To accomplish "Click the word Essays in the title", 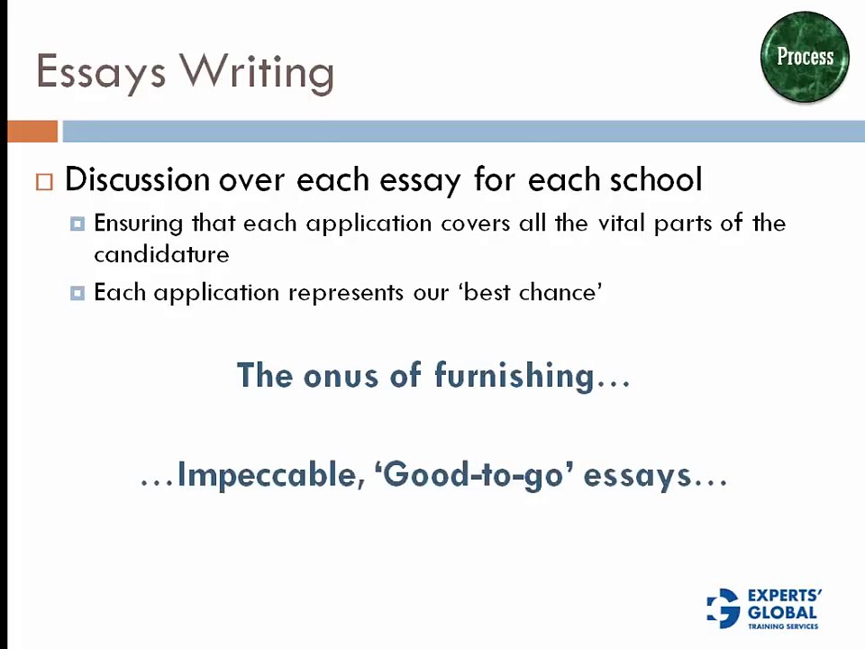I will (102, 72).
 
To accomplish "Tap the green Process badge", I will (805, 57).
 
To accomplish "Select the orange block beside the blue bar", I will (32, 132).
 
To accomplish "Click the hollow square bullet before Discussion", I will (45, 181).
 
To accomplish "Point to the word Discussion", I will (137, 179).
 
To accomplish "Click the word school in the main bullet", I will (656, 179).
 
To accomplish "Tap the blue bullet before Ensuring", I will (77, 224).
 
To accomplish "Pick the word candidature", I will (161, 254).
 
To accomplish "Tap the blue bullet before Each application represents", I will (77, 292).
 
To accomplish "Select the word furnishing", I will (514, 375).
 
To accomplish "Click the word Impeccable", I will (268, 474).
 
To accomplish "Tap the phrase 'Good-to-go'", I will (474, 474).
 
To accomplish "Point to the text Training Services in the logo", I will (783, 626).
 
